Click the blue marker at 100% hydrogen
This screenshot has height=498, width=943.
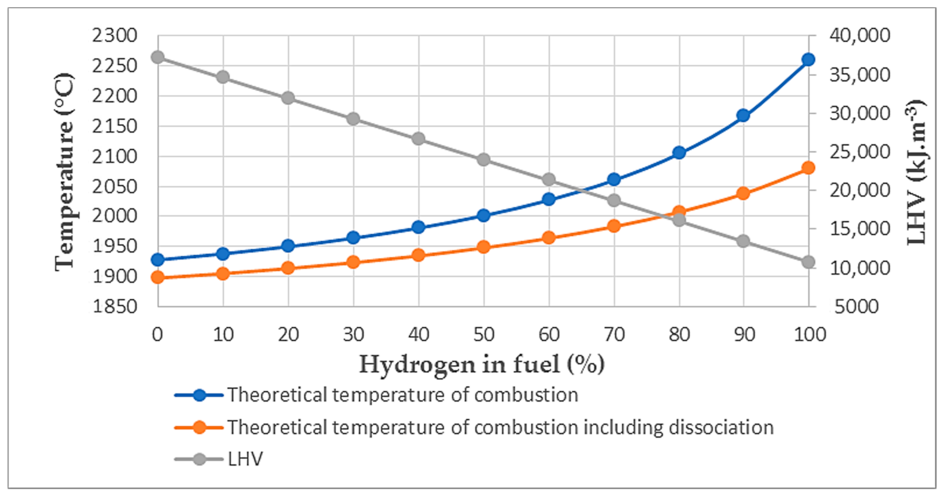pos(808,59)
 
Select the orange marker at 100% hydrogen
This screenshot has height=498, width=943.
pos(808,168)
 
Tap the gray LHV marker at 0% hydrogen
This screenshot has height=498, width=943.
pos(158,57)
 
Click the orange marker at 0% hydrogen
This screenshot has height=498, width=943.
pos(158,277)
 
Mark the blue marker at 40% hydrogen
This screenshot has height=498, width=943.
pos(418,227)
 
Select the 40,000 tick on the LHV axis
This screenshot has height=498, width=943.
pos(859,36)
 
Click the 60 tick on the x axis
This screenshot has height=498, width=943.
pos(549,335)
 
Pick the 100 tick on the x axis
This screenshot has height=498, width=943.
pos(809,335)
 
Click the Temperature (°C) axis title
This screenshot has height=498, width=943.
pos(65,172)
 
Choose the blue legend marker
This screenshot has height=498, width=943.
pos(200,395)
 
